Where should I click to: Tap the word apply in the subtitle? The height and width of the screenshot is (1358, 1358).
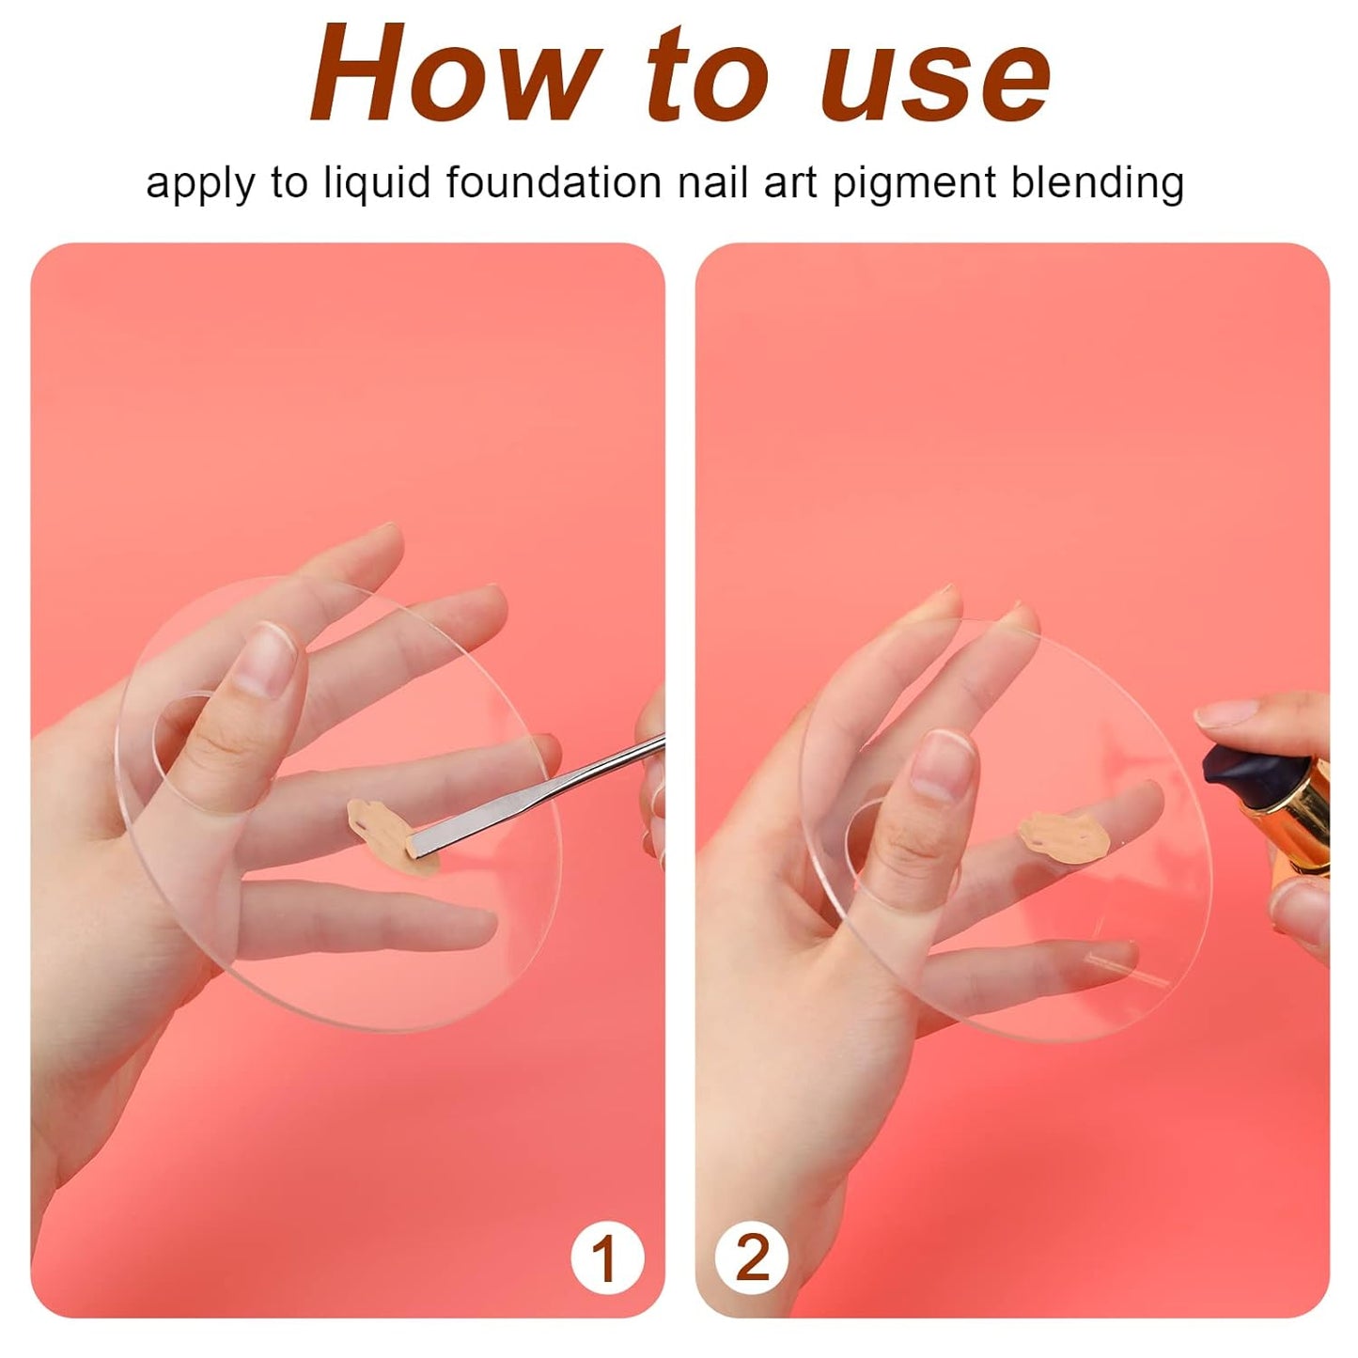point(199,183)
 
